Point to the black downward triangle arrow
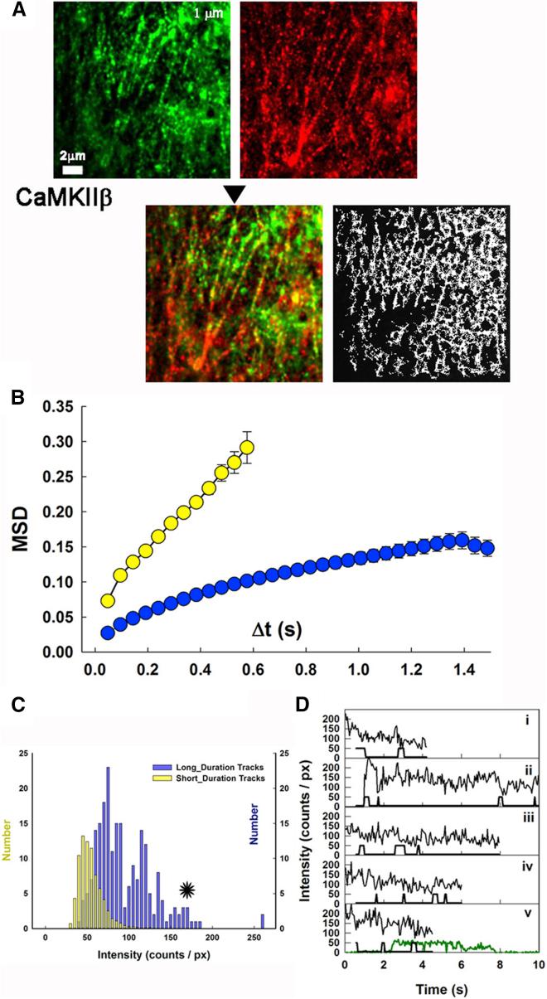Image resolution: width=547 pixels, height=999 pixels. point(236,193)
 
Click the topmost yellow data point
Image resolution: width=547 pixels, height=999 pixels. point(246,448)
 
